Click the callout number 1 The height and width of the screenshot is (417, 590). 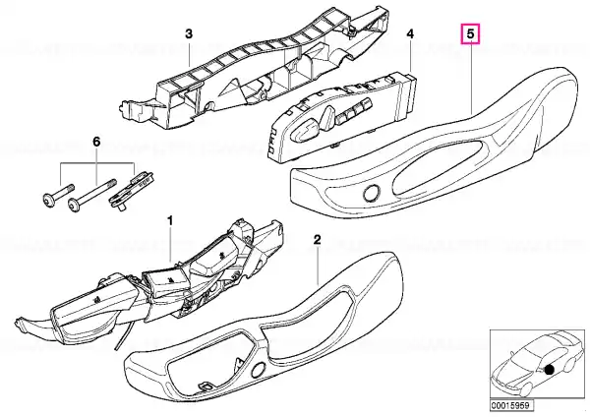[x=170, y=220]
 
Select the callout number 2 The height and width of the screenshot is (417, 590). [x=318, y=239]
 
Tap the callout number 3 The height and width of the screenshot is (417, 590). [x=189, y=33]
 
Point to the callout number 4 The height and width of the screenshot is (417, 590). [x=410, y=34]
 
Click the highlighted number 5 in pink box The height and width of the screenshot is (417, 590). [x=471, y=34]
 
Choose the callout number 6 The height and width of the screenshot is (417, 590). [x=96, y=142]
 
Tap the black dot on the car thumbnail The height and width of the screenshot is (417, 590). [x=549, y=370]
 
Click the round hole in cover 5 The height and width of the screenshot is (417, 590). [x=371, y=193]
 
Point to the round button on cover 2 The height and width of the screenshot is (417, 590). [x=258, y=371]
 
